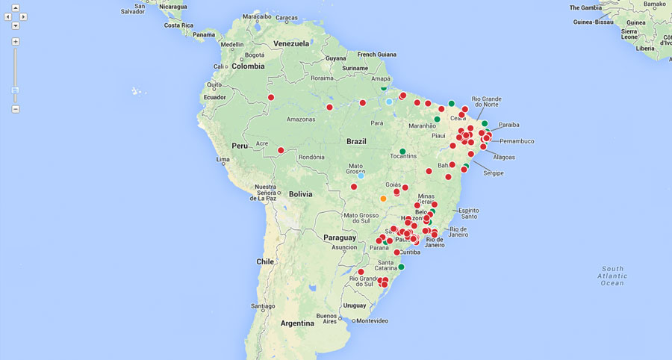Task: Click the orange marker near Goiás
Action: (383, 199)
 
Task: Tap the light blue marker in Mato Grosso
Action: (361, 176)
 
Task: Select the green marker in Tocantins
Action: (402, 152)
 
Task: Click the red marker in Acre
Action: (281, 151)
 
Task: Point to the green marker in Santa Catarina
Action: (401, 267)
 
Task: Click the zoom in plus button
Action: (16, 42)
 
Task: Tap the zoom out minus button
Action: (16, 109)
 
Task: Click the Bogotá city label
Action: (255, 55)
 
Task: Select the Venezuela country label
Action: (291, 43)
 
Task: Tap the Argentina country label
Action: (297, 323)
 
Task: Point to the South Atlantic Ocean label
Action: (612, 276)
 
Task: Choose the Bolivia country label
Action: (300, 194)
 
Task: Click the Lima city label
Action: (223, 160)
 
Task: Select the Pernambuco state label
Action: (517, 141)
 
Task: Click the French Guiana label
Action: (377, 55)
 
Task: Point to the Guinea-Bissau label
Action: (594, 22)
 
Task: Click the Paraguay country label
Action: (340, 237)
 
